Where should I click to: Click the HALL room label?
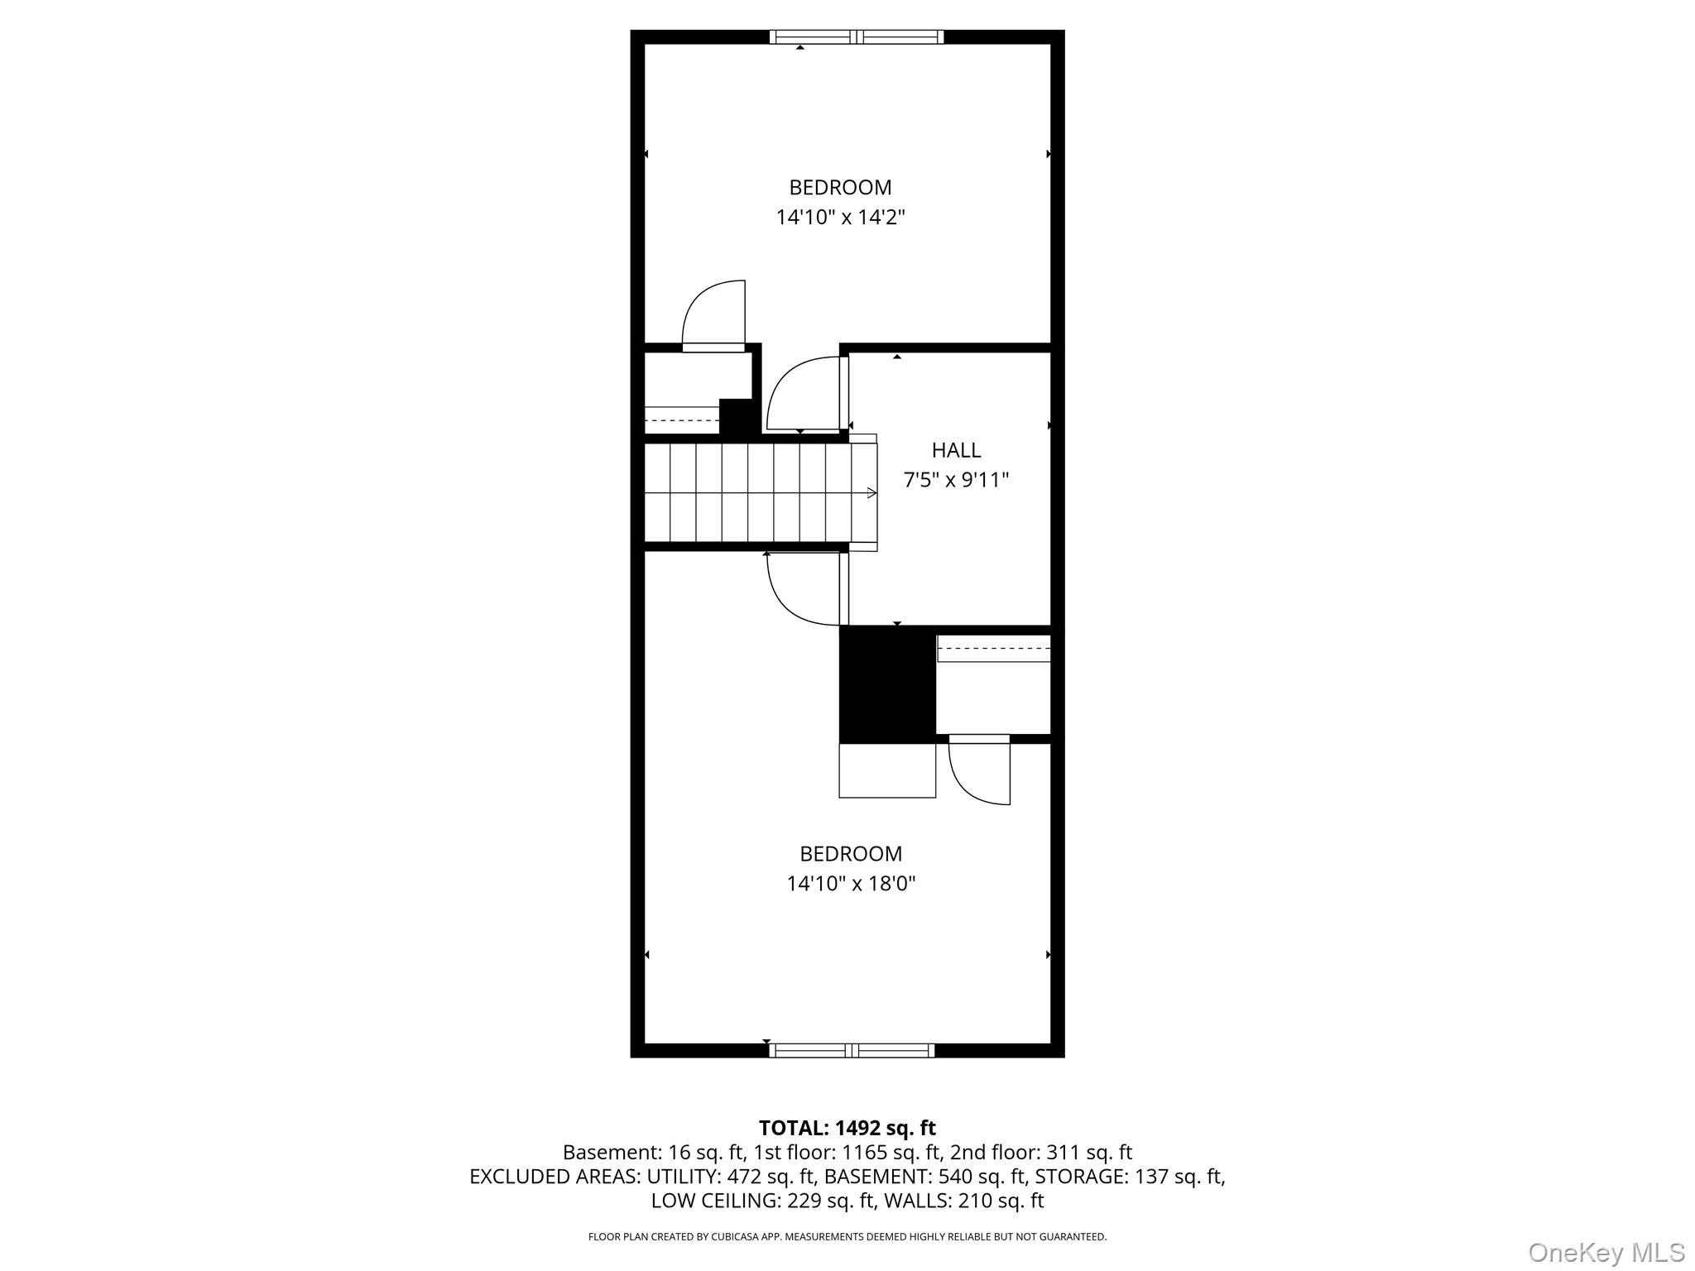[956, 450]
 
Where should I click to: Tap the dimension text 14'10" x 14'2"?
[840, 218]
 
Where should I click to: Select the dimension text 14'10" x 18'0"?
[851, 884]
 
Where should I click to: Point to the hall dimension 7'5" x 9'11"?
[956, 480]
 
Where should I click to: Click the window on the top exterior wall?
[856, 36]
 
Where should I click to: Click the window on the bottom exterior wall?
[852, 1051]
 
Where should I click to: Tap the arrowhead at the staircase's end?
[872, 493]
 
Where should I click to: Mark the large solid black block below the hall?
[887, 684]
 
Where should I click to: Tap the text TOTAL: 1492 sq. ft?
[847, 1128]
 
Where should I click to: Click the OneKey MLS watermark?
[1606, 1252]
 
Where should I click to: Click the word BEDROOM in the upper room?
[840, 188]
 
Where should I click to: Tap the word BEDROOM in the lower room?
[851, 853]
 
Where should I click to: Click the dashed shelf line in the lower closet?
[994, 650]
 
